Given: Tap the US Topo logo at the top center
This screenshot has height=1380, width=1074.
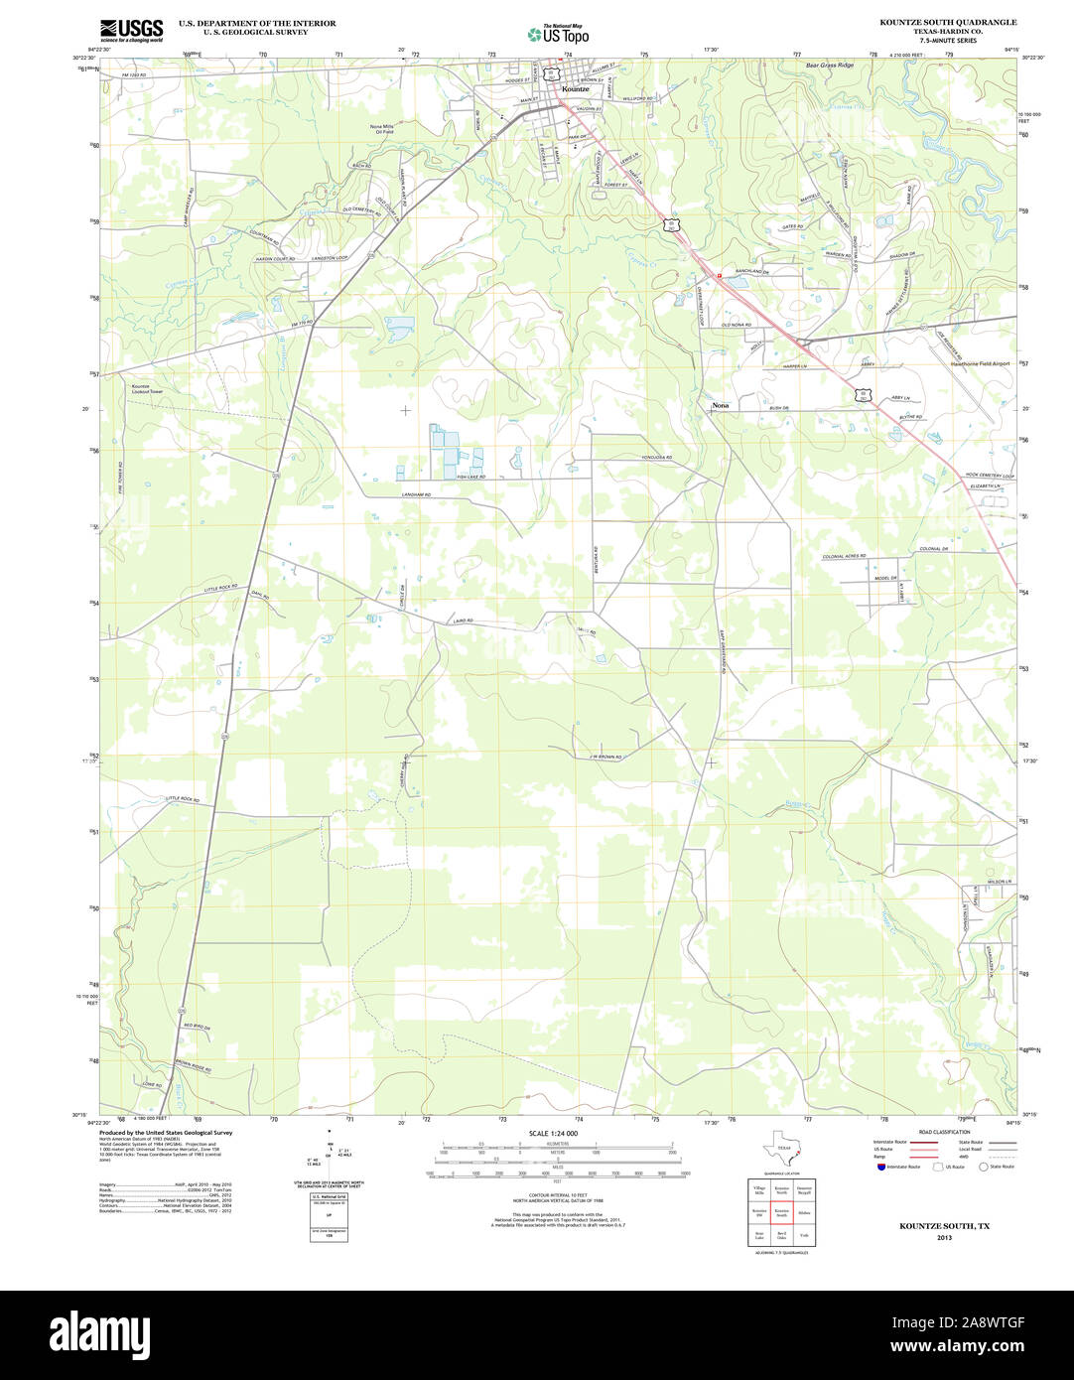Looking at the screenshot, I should click(558, 33).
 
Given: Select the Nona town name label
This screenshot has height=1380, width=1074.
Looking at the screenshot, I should click(720, 406).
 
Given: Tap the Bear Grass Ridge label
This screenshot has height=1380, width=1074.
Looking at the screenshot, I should click(829, 66).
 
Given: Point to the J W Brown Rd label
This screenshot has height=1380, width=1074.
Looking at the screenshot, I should click(604, 758).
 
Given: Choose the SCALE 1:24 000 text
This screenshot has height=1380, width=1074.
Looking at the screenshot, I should click(553, 1134).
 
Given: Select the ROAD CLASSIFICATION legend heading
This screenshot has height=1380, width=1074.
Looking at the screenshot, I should click(943, 1132).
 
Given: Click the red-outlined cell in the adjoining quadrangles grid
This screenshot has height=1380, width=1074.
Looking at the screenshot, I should click(782, 1212).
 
